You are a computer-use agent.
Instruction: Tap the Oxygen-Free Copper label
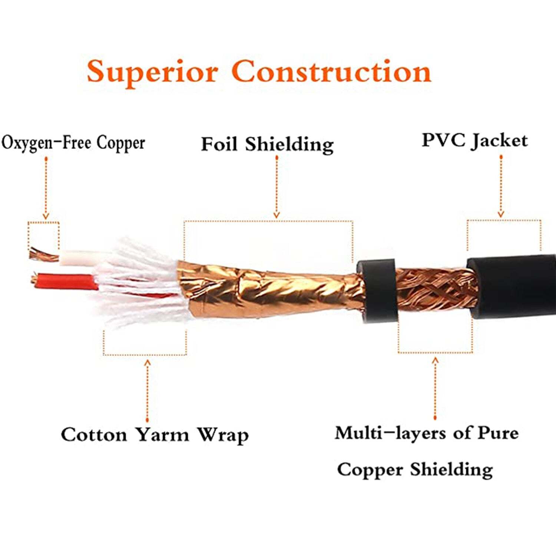point(73,143)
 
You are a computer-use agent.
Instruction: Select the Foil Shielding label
point(267,144)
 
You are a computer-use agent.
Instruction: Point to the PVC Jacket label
point(474,141)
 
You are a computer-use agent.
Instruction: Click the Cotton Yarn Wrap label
point(155,435)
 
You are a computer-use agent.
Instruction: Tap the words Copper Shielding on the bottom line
point(415,470)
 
